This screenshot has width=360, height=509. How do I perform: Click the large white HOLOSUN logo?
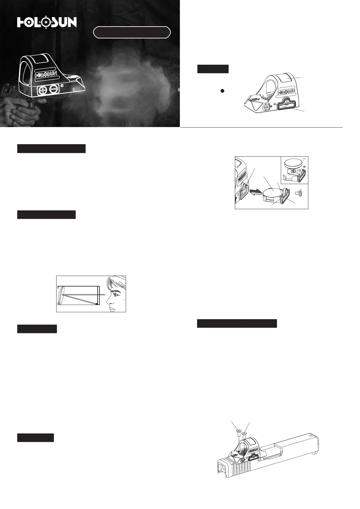[47, 23]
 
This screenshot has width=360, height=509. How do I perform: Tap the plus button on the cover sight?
[43, 90]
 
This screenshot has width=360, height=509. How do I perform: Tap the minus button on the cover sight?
[53, 89]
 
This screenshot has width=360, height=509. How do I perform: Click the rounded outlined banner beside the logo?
[132, 32]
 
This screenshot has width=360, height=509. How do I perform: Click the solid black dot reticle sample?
[223, 91]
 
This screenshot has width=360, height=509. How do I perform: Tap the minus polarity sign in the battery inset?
[304, 161]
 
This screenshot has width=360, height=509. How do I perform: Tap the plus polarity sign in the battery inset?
[304, 167]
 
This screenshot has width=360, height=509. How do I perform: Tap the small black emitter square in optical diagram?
[97, 303]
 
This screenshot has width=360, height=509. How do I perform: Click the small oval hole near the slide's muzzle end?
[311, 436]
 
